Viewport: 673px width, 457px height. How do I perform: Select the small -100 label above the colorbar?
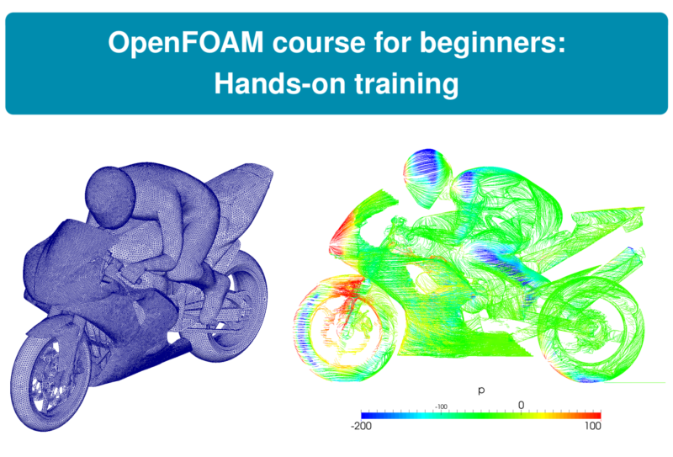pyautogui.click(x=439, y=405)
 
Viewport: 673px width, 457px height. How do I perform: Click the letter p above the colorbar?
pyautogui.click(x=480, y=391)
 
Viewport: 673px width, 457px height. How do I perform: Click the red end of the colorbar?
pyautogui.click(x=596, y=415)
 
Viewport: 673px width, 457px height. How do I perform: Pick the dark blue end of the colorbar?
pyautogui.click(x=365, y=415)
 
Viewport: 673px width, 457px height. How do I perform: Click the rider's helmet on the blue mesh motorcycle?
pyautogui.click(x=111, y=194)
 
